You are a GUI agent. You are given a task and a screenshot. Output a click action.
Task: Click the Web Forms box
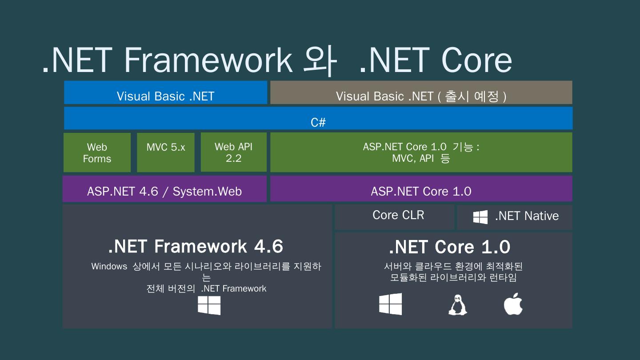pos(97,152)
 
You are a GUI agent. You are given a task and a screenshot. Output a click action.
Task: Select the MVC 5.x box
pos(165,152)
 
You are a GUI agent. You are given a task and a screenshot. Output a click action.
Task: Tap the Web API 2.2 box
pos(233,152)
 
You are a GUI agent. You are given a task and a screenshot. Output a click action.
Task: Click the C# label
pos(318,123)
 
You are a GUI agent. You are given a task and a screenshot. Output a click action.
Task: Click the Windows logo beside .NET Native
pos(480,217)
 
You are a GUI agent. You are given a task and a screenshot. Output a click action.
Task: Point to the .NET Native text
pos(527,216)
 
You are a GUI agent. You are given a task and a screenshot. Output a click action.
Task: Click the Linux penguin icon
pos(457,305)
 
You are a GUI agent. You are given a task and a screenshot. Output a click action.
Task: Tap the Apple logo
pos(513,304)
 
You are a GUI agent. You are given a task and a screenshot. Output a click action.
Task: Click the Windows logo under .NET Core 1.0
pos(390,304)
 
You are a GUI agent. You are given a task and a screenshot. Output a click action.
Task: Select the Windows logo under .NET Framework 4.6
pos(209,305)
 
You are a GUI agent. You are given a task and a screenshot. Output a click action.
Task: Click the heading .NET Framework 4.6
pos(196,246)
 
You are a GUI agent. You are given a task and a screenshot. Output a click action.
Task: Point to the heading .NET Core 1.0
pos(449,247)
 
